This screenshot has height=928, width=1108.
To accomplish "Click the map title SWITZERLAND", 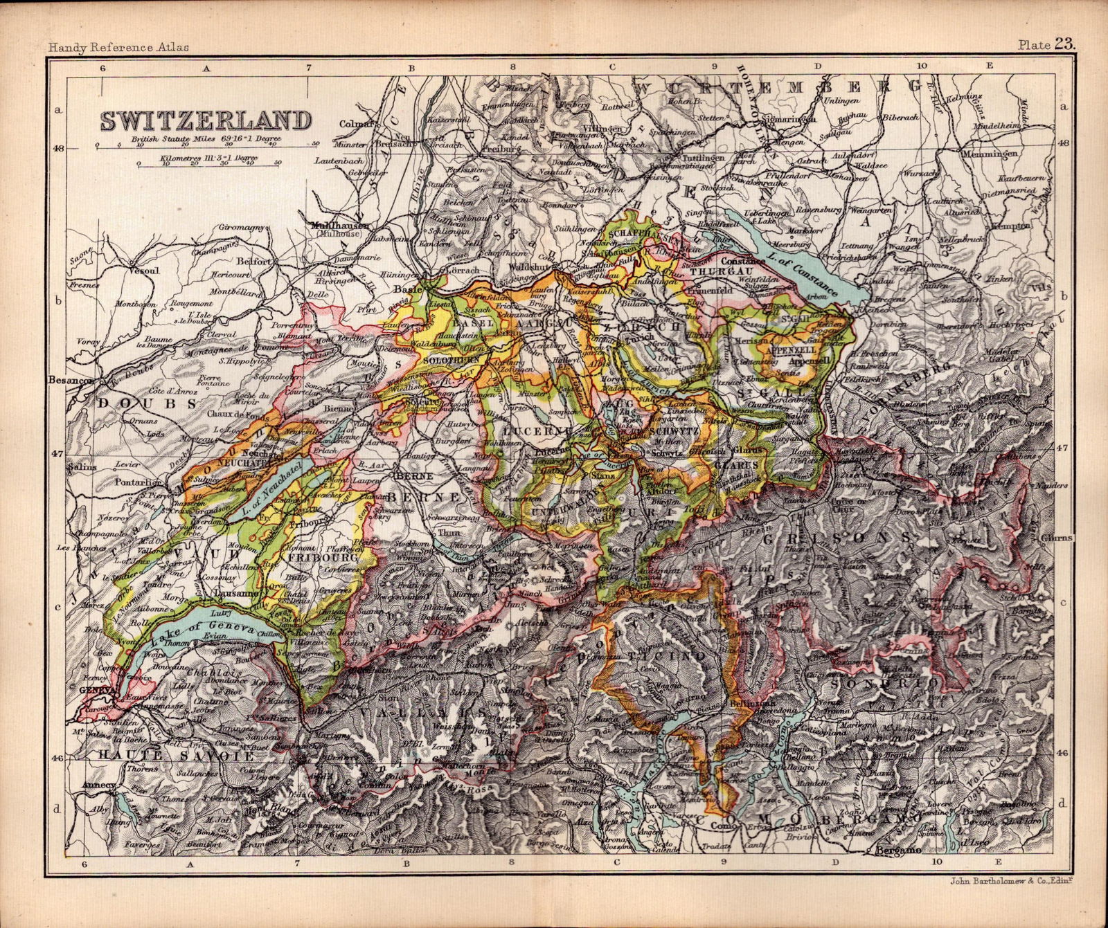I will (205, 120).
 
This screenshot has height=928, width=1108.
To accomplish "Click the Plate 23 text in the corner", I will (1046, 46).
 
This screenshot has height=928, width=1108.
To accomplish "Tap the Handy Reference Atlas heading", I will (118, 48).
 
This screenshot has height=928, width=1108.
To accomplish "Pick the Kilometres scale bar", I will (208, 163).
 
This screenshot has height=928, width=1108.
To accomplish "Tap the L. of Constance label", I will (804, 273).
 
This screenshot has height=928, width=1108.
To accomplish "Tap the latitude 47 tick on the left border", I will (58, 454).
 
